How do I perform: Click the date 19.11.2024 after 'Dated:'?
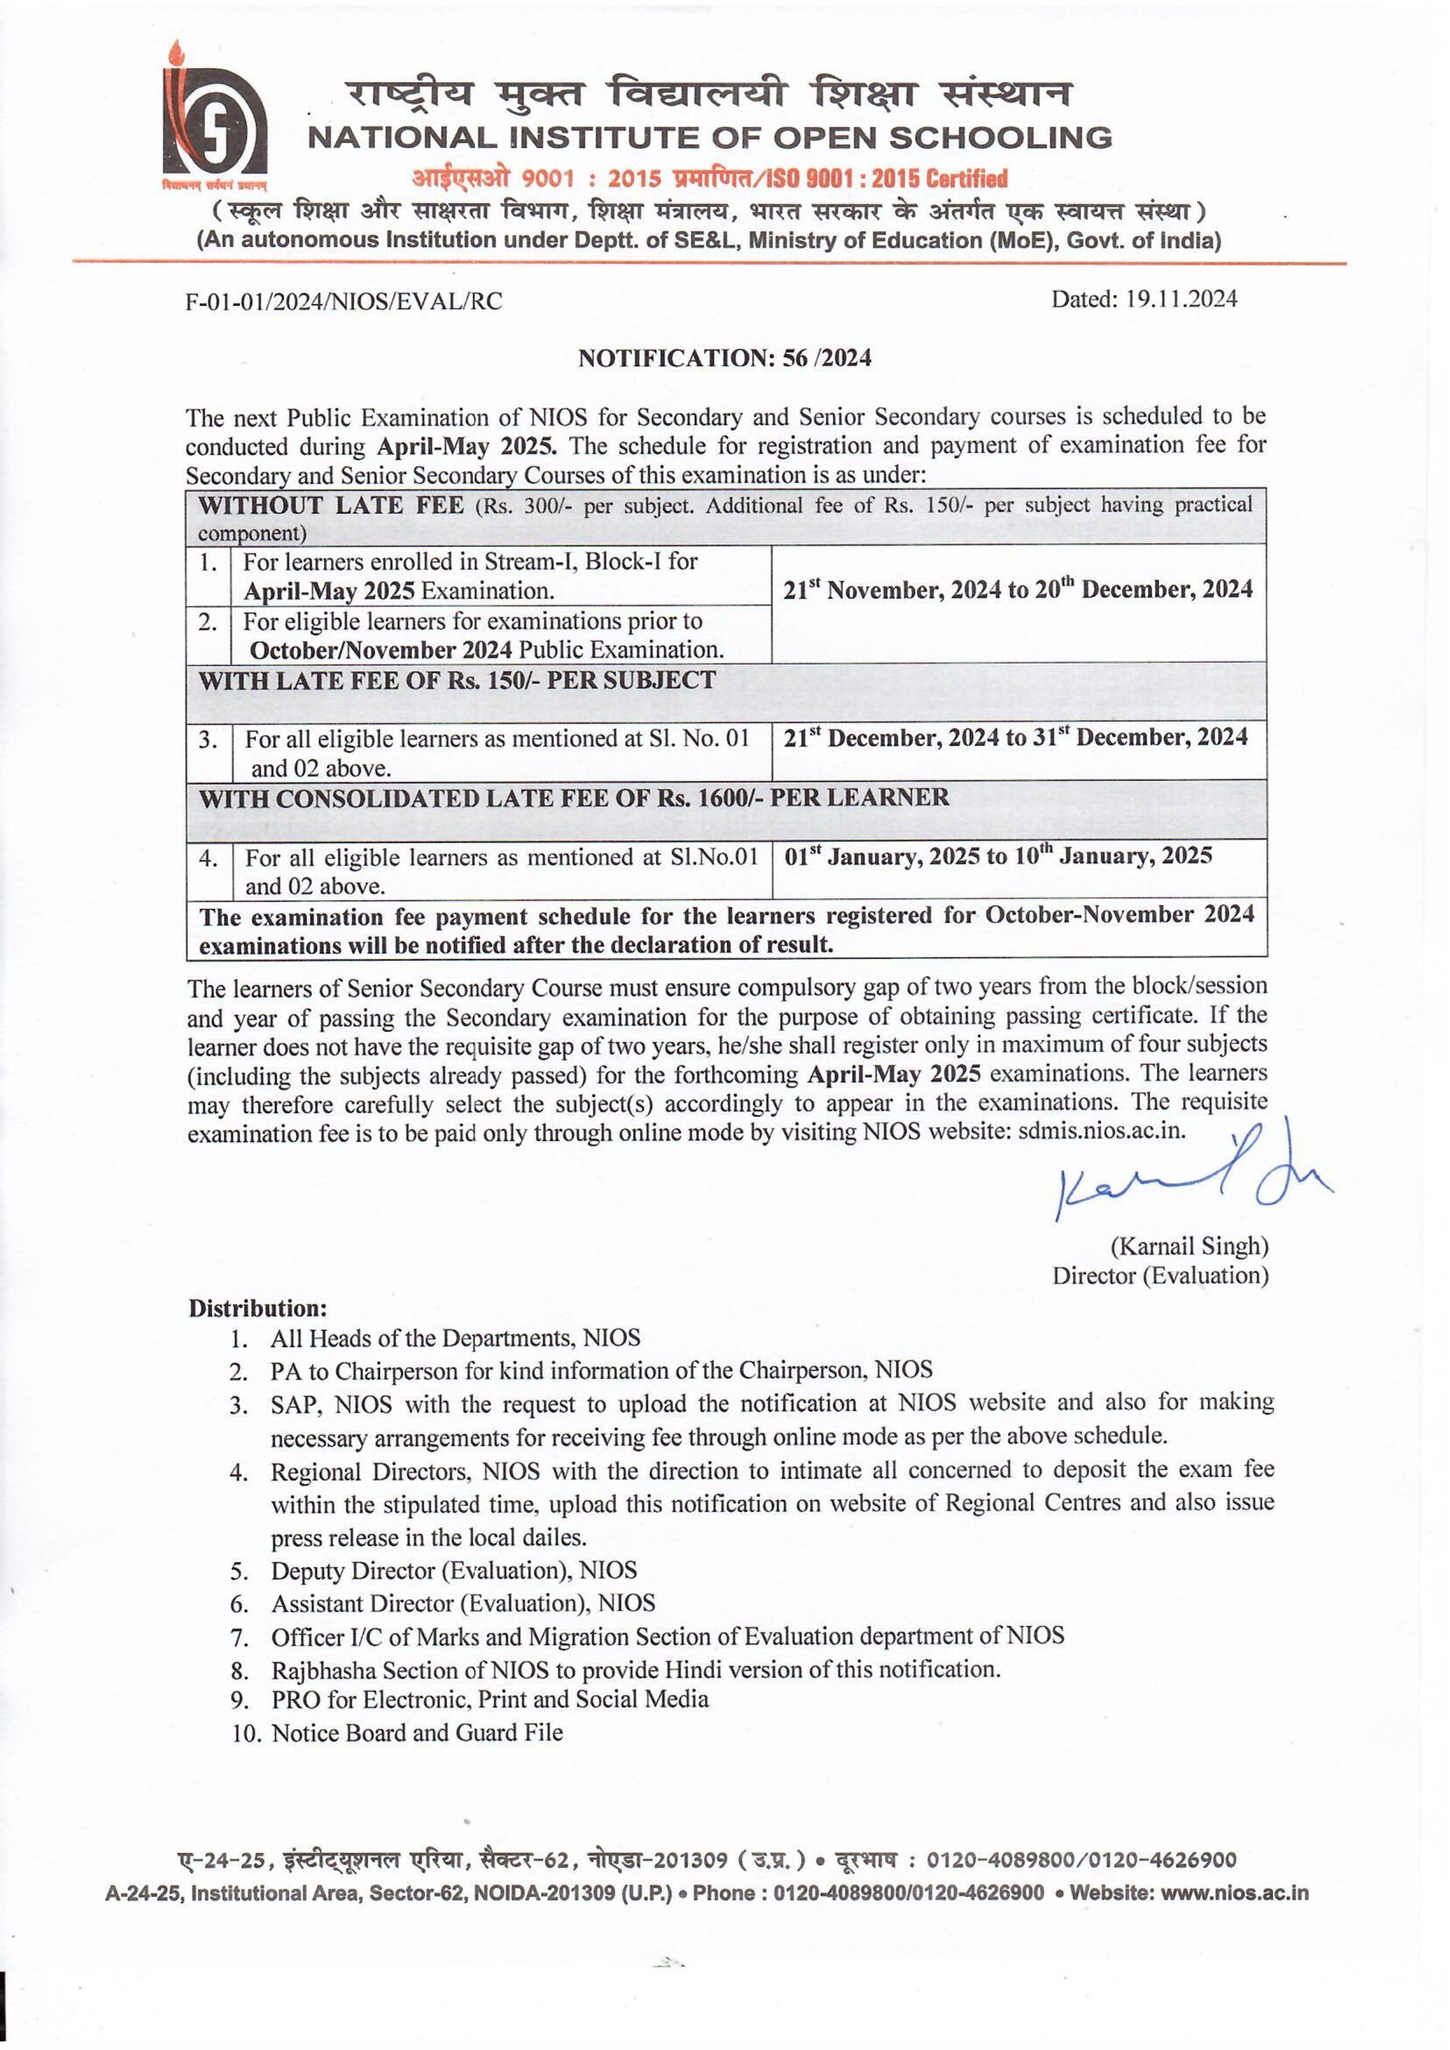[1180, 299]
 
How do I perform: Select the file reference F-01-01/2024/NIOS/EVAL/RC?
[344, 302]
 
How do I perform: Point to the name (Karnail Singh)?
[1188, 1246]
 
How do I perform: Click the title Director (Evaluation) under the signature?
[1160, 1276]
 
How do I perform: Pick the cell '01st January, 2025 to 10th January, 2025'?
[997, 857]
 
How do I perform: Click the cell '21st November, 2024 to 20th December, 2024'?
[1018, 590]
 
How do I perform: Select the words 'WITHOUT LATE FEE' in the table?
[331, 505]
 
